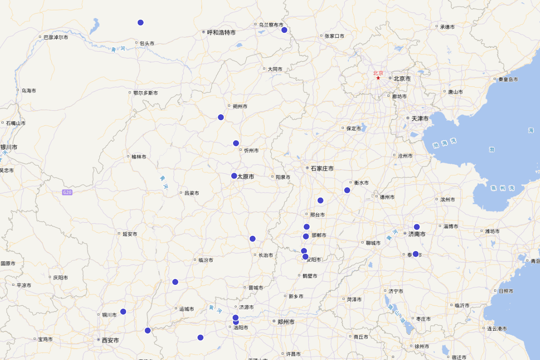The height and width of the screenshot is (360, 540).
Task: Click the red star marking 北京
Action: (x=378, y=78)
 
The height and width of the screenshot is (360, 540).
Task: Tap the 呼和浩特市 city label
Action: (x=221, y=32)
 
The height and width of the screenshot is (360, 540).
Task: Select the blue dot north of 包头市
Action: (x=140, y=22)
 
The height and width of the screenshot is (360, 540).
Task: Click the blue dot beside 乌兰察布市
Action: (x=284, y=30)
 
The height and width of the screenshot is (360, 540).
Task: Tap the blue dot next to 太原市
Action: (x=234, y=176)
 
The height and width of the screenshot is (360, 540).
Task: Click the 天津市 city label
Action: (x=419, y=118)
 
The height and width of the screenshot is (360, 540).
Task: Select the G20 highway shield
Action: (x=67, y=193)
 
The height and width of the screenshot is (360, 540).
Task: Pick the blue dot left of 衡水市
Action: (x=347, y=190)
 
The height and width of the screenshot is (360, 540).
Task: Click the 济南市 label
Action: (x=417, y=234)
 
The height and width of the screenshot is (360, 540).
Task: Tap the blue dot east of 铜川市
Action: (x=123, y=311)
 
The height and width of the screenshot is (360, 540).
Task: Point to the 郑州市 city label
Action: (x=286, y=322)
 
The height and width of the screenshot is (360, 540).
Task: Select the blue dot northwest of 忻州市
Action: (x=236, y=143)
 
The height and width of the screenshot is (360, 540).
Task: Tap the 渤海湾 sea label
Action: (x=445, y=144)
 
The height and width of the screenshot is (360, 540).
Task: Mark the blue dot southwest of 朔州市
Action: (x=220, y=117)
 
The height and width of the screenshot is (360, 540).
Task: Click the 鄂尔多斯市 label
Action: (x=145, y=93)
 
